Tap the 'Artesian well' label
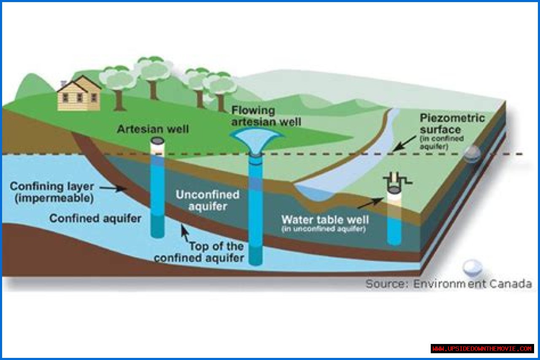tap(153, 129)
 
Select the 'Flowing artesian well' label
tap(266, 116)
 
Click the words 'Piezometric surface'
tap(452, 124)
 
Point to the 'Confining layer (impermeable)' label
tap(52, 192)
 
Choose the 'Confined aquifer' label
tap(95, 219)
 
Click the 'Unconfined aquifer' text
tap(208, 200)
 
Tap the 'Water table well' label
tap(325, 220)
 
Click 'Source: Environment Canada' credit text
tap(448, 284)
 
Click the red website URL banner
tap(482, 349)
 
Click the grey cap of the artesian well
tap(158, 141)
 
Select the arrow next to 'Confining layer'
tap(119, 189)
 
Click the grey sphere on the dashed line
tap(472, 154)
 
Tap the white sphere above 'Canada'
tap(472, 268)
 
